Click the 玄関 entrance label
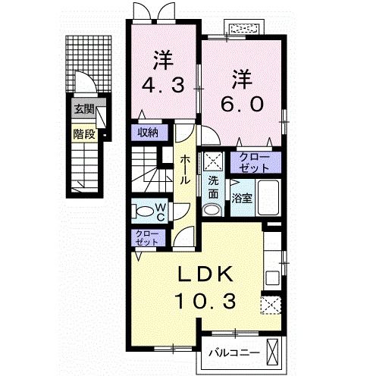(84, 109)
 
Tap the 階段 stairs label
(84, 135)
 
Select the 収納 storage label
(148, 132)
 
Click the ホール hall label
(185, 171)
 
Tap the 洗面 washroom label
(214, 186)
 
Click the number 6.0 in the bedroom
(242, 105)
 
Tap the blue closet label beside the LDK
(144, 236)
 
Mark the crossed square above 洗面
(213, 161)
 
